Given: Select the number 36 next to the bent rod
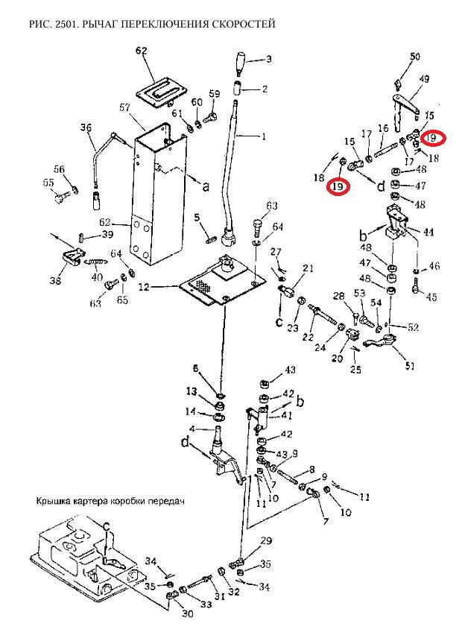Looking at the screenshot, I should [85, 127].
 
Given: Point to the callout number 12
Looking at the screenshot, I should [144, 287].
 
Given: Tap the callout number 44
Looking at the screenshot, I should [428, 233].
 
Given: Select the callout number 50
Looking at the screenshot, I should [415, 57].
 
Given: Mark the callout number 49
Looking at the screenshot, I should [424, 79].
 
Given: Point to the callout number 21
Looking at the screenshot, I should [308, 268].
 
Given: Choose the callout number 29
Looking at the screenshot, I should [266, 540].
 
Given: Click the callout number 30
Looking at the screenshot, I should [186, 613].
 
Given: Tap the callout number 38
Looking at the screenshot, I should [56, 282].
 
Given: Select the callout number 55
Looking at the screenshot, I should [48, 183].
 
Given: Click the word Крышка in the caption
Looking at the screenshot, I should [54, 502].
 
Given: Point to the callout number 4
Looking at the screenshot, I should [192, 429].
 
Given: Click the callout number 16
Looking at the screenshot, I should [383, 129].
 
